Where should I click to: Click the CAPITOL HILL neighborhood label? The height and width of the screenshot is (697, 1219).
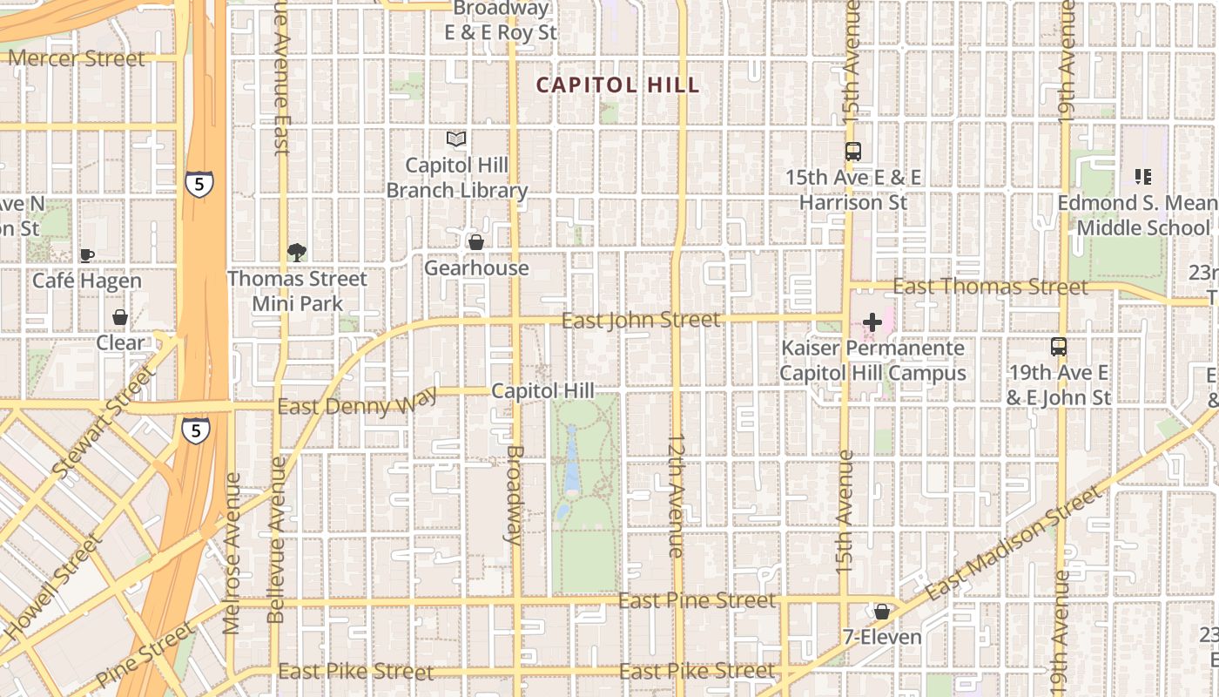click(617, 85)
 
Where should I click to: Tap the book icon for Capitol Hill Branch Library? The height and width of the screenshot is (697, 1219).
click(456, 139)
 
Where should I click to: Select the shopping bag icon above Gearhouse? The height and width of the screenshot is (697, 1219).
click(475, 241)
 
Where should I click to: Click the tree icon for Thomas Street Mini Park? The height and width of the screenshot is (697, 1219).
click(297, 253)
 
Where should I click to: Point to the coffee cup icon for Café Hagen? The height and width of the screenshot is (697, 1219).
click(86, 255)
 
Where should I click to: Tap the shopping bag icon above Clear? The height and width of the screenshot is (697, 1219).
click(120, 316)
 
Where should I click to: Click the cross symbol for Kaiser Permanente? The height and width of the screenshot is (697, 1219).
click(872, 322)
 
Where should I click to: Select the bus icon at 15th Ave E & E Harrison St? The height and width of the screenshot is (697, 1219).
click(853, 151)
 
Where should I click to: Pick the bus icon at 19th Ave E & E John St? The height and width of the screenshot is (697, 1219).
click(1059, 347)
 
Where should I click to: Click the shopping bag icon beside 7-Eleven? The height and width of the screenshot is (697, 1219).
click(882, 612)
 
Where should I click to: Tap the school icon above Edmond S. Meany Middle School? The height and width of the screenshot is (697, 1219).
click(1143, 177)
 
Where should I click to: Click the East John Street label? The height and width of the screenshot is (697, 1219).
click(641, 321)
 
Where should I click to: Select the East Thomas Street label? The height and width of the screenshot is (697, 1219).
click(990, 287)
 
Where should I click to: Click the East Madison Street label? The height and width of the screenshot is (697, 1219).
click(1014, 545)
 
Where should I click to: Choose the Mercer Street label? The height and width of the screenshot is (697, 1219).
click(77, 58)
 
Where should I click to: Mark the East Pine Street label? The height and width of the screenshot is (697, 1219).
click(697, 600)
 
